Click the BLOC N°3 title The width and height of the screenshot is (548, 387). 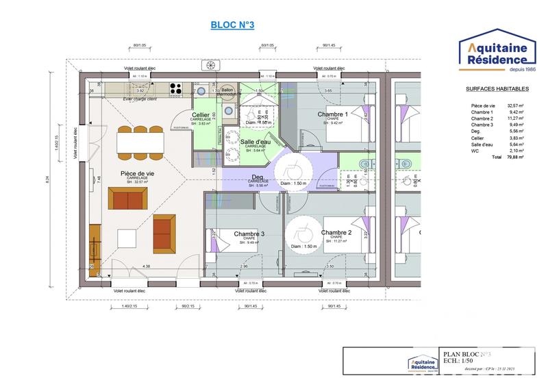click(233, 25)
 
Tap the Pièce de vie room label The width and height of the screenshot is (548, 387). click(137, 174)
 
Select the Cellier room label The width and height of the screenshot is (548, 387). click(201, 114)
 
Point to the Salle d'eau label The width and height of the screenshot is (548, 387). click(256, 141)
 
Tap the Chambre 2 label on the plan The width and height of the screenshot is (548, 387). click(336, 233)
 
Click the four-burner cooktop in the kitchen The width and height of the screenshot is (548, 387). click(175, 88)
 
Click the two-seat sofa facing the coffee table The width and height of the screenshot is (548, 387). click(129, 200)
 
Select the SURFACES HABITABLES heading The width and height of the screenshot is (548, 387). click(497, 89)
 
